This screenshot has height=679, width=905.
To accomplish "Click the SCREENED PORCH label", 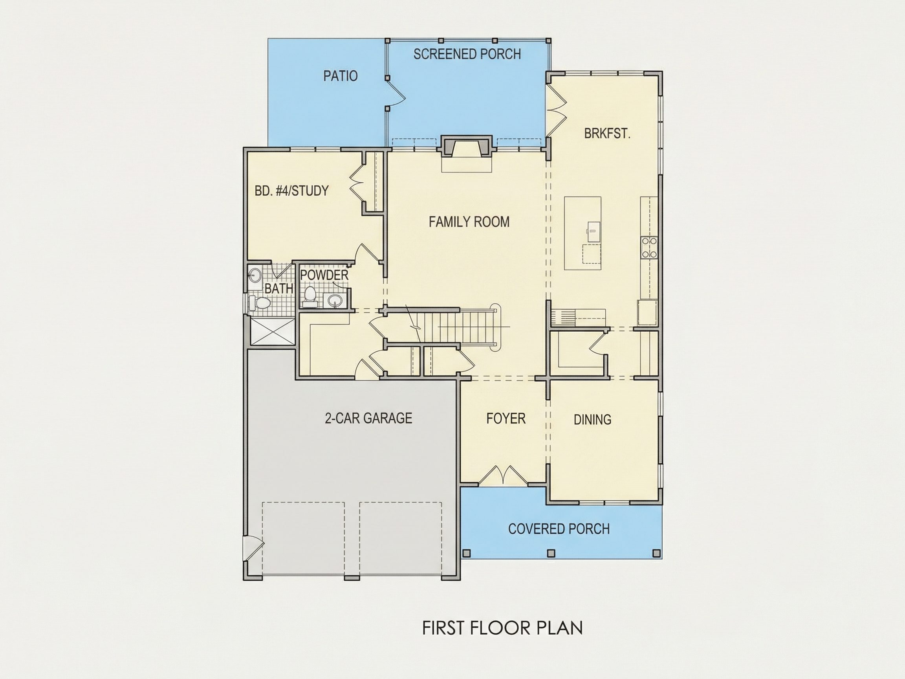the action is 467,54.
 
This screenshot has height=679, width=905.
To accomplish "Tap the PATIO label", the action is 341,76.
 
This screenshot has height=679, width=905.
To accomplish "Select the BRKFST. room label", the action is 607,134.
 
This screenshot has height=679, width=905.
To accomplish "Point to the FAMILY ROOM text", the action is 469,222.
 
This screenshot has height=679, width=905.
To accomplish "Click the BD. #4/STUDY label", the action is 291,190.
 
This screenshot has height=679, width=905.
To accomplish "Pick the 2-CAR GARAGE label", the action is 368,418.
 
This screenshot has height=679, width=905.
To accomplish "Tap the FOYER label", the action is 506,418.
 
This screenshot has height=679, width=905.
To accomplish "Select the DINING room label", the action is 592,420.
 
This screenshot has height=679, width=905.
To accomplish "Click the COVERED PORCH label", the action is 559,529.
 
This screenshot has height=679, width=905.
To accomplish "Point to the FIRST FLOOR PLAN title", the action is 502,628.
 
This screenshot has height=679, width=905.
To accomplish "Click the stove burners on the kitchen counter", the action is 649,248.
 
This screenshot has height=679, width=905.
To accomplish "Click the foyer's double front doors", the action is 503,475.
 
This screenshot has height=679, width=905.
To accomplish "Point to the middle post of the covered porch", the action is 551,553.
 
